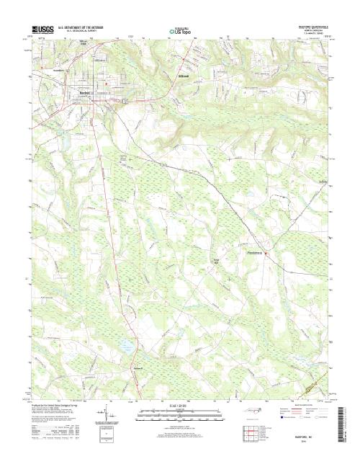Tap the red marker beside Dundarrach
pyautogui.click(x=265, y=254)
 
